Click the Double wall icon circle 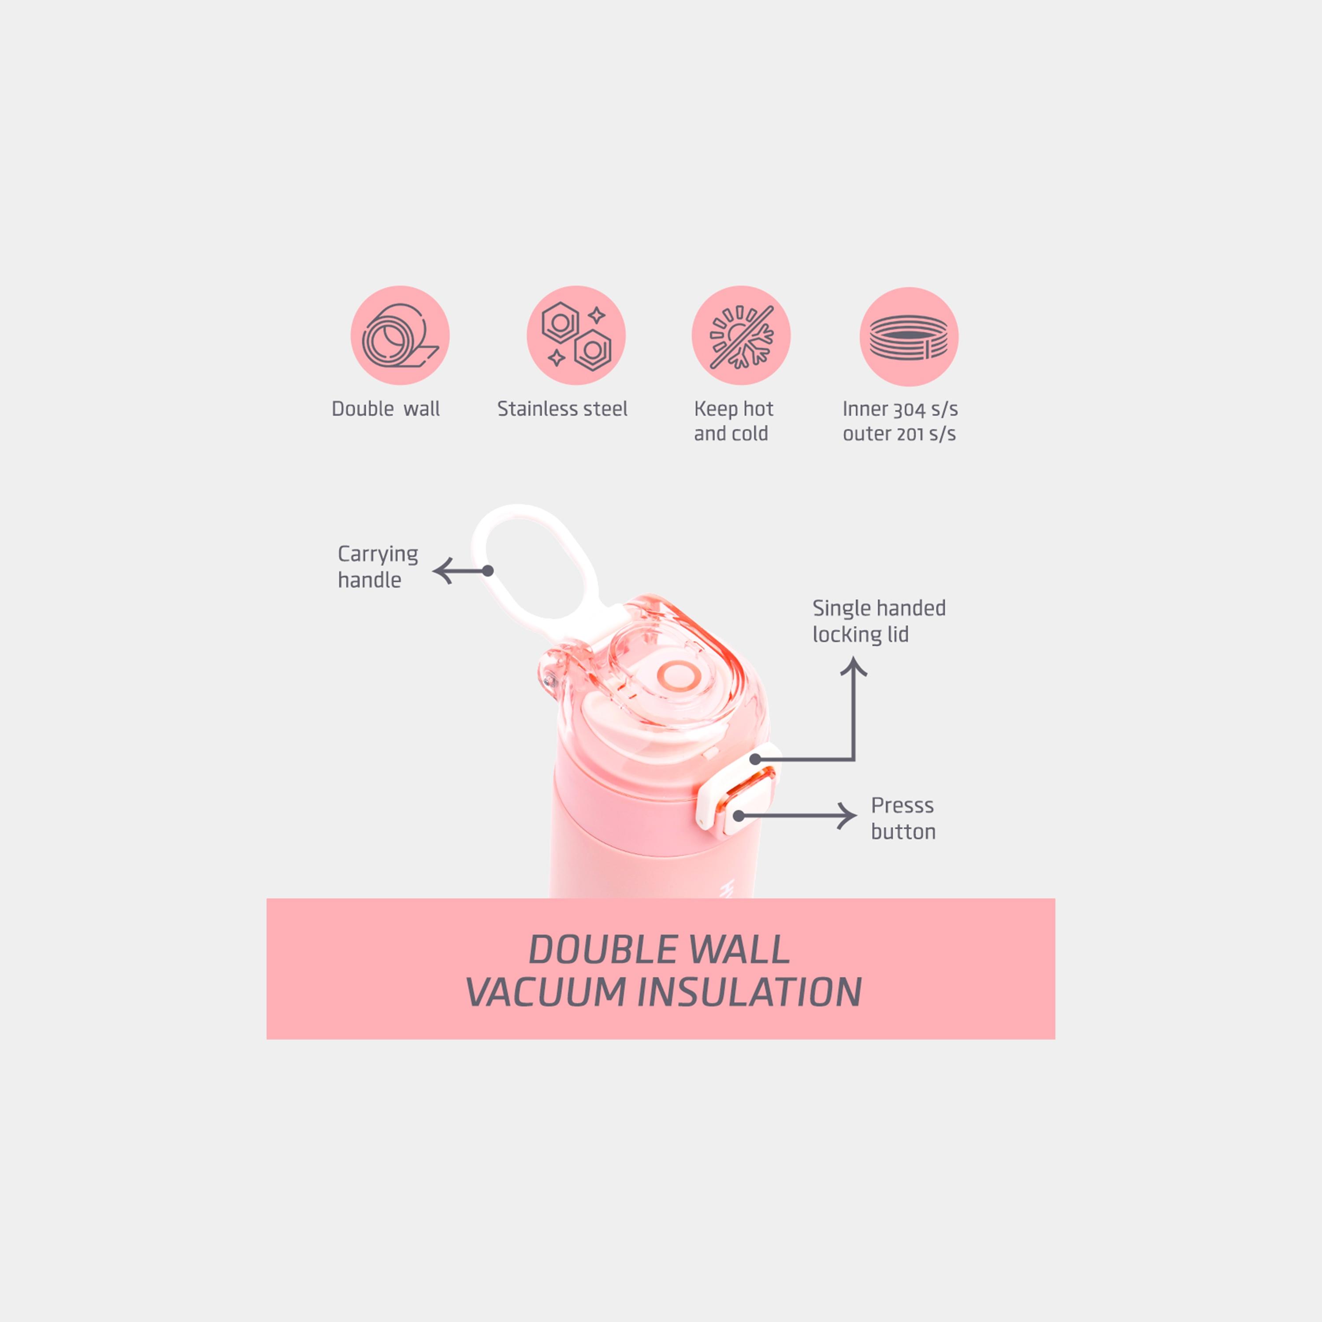pyautogui.click(x=400, y=335)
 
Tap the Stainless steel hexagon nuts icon pyautogui.click(x=576, y=335)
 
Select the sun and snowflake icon pyautogui.click(x=741, y=335)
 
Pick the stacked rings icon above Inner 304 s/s pyautogui.click(x=909, y=337)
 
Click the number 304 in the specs pyautogui.click(x=910, y=409)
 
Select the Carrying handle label pyautogui.click(x=378, y=567)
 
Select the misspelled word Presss pyautogui.click(x=902, y=806)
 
